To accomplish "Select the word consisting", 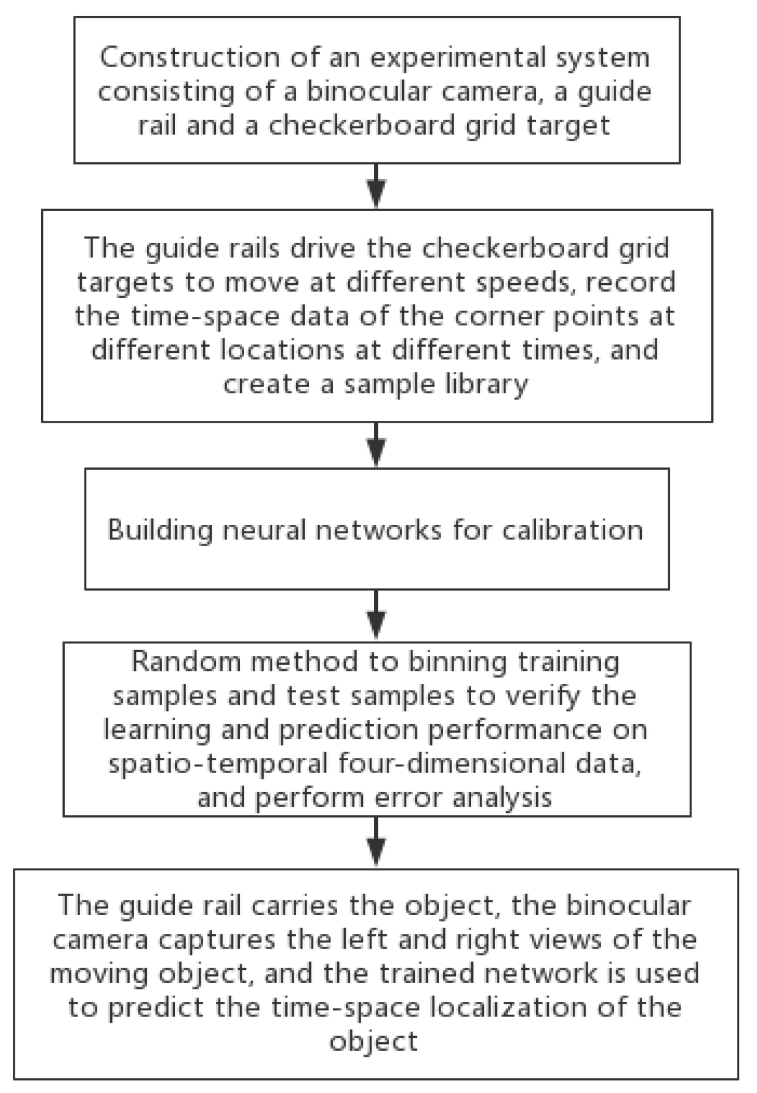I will coord(166,92).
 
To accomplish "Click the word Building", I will coord(160,529).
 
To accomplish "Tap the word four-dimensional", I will coord(450,763).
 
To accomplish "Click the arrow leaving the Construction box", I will coord(377,186).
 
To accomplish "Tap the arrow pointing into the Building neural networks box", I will coord(377,445).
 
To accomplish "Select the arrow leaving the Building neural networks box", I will coord(377,615).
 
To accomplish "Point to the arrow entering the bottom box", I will coord(377,842).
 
